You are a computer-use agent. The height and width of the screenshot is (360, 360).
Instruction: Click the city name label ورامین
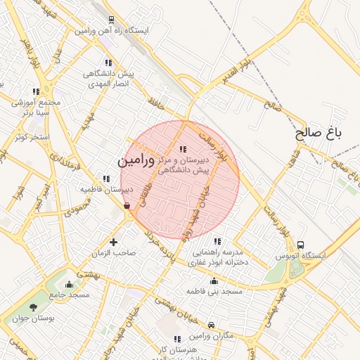(x=135, y=160)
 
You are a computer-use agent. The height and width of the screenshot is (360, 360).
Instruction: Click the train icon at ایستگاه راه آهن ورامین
(x=113, y=20)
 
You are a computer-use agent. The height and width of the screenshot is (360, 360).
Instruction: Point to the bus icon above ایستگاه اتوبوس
(x=301, y=245)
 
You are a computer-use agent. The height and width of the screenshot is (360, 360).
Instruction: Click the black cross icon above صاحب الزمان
(x=113, y=241)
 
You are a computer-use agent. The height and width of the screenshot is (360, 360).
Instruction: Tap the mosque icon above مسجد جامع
(x=69, y=284)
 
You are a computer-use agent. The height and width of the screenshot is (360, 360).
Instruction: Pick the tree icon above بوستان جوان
(x=34, y=307)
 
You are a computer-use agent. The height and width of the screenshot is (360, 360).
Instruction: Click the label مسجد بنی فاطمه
(x=214, y=290)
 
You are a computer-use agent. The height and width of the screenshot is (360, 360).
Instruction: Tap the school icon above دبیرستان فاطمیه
(x=106, y=179)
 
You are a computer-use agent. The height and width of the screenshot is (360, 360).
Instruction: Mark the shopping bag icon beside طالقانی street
(x=127, y=206)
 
